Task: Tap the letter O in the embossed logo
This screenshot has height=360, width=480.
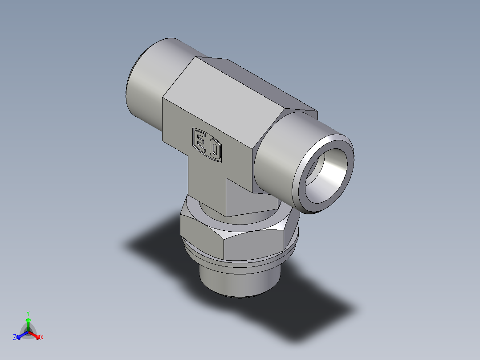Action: point(215,150)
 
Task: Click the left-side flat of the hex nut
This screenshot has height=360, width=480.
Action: point(196,232)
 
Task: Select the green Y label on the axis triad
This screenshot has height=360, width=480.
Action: point(28,313)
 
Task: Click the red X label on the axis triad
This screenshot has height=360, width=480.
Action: point(42,338)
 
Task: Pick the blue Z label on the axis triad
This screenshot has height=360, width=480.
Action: point(15,338)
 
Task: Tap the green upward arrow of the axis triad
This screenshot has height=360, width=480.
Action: point(28,322)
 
